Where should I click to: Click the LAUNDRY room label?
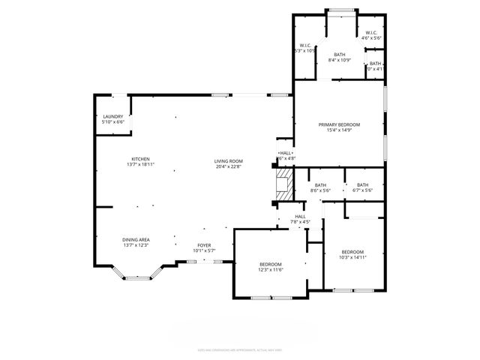(112, 116)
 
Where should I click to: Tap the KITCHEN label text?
(141, 159)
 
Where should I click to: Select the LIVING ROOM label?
(229, 161)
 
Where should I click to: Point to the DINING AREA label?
(136, 239)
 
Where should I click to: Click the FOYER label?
(204, 245)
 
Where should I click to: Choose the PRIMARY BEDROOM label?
(339, 124)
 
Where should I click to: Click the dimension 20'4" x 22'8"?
(229, 167)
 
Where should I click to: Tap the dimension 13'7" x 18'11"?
(141, 165)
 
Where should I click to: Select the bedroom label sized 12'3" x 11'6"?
(270, 264)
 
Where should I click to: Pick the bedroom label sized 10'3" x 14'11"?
(352, 252)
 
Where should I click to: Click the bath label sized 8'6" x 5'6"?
(320, 185)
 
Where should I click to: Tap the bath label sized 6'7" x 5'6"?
(362, 185)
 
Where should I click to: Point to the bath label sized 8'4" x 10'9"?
(340, 55)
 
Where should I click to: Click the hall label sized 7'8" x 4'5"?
(300, 217)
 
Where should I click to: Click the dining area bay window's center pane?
(136, 278)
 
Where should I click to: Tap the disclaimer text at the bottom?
(239, 349)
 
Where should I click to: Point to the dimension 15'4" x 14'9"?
(339, 130)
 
